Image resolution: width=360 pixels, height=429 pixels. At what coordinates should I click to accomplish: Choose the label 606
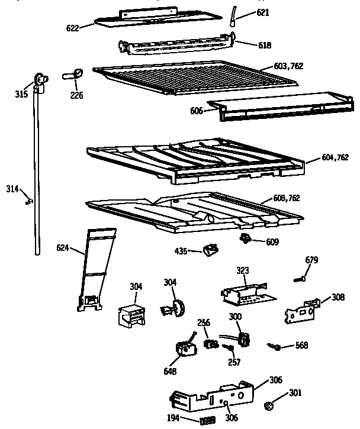[197, 111]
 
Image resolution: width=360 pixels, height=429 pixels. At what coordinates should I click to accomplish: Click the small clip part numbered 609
[245, 238]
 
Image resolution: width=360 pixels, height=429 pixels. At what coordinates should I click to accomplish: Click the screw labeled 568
[275, 346]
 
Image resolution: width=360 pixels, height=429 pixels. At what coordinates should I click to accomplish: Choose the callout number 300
[235, 317]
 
